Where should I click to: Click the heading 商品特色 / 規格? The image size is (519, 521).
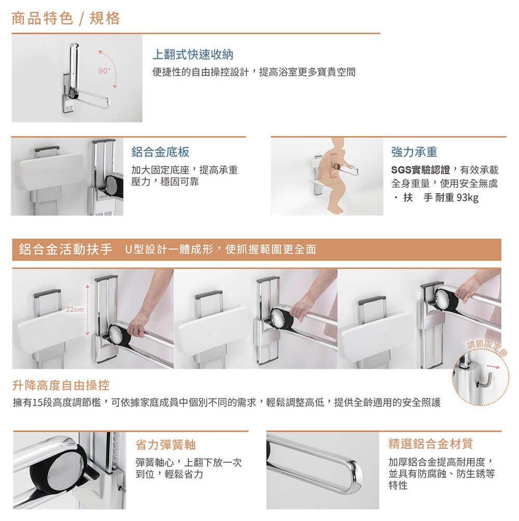[65, 18]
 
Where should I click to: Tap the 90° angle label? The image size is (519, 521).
[104, 71]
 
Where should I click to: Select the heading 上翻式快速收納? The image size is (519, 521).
[193, 55]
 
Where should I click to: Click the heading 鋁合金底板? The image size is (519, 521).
[160, 152]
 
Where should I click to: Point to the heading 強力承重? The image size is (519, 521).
[414, 152]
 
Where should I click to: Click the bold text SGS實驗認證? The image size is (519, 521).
[420, 170]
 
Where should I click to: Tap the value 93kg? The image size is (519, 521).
[467, 198]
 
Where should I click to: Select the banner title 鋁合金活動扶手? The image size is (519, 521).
[65, 249]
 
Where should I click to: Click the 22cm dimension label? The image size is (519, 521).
[75, 310]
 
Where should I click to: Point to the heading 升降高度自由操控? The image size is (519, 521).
[61, 385]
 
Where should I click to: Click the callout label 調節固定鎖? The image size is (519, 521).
[487, 347]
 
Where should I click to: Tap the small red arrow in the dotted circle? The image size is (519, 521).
[493, 367]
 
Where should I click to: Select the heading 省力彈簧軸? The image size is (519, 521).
[166, 445]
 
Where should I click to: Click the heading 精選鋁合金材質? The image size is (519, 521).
[431, 444]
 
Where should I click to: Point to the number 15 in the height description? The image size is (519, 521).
[37, 403]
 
